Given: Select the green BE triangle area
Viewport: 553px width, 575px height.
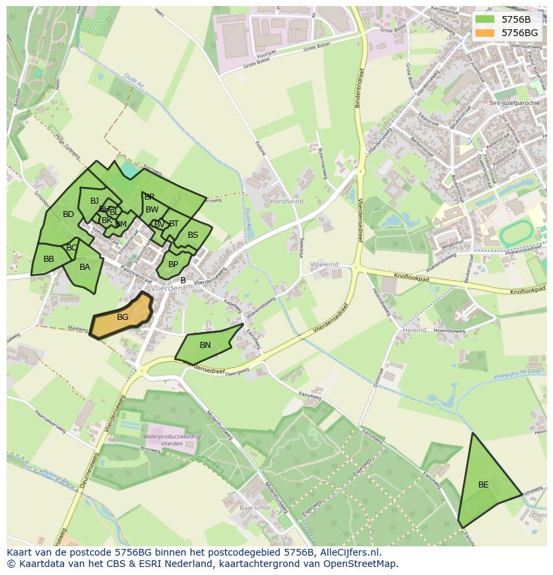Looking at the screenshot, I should coord(484,485).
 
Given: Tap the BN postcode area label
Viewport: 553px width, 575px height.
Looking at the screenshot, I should coord(205,345).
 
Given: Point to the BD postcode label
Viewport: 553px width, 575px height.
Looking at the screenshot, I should coord(68,214).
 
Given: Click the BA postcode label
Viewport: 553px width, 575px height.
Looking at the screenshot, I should coord(85,267).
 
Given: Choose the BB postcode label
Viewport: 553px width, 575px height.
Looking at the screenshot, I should coord(49,259).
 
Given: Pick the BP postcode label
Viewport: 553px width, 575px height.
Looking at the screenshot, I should coord(173,264).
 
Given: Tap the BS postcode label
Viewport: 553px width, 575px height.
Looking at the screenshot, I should coord(193,235).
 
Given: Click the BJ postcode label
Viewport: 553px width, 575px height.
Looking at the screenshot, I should coord(94,201).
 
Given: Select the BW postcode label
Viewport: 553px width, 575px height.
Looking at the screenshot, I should coord(152,210).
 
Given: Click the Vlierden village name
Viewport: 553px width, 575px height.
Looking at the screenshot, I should coord(167,289).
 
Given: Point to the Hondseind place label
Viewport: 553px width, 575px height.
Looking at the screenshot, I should coord(287,201).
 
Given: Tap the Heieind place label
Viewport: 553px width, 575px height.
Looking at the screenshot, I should coord(414,331).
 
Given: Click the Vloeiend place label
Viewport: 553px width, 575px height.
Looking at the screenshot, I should coord(325,264).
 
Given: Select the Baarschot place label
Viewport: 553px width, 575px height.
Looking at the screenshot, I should coord(254,508).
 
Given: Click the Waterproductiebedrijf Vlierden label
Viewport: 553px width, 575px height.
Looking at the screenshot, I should coord(163,439).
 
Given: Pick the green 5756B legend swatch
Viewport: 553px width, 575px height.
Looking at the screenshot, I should coord(486,19).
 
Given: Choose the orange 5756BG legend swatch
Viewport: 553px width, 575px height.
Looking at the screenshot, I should coord(486,33).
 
